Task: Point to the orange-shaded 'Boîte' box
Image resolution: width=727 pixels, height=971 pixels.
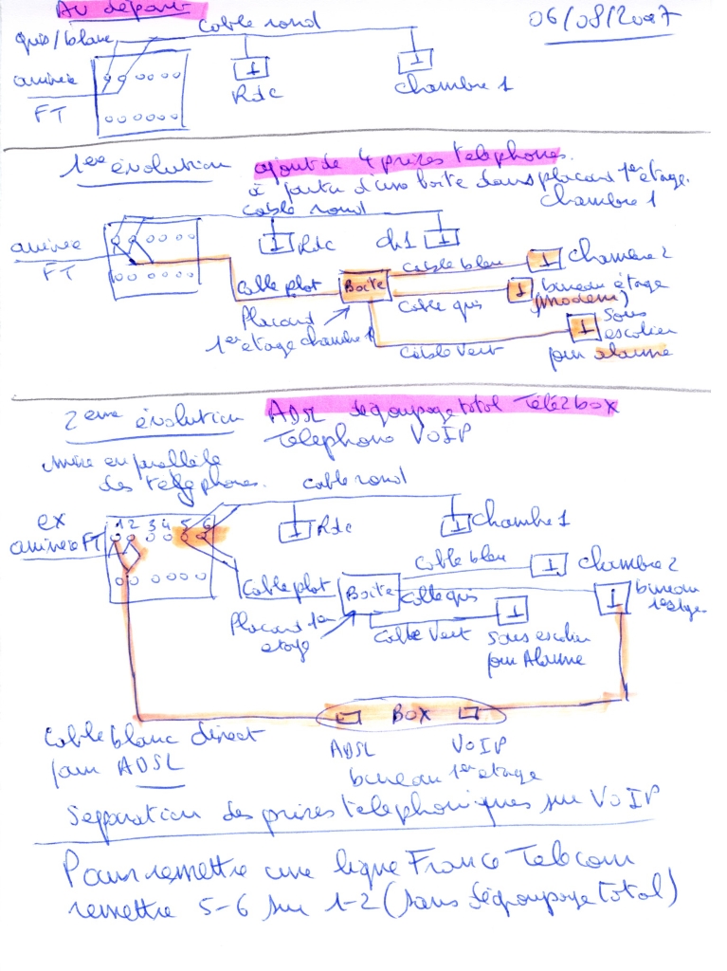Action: click(x=366, y=284)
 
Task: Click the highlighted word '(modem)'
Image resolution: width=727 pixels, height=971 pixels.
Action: click(x=573, y=301)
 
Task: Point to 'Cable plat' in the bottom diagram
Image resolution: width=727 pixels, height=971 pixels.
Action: click(x=272, y=587)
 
